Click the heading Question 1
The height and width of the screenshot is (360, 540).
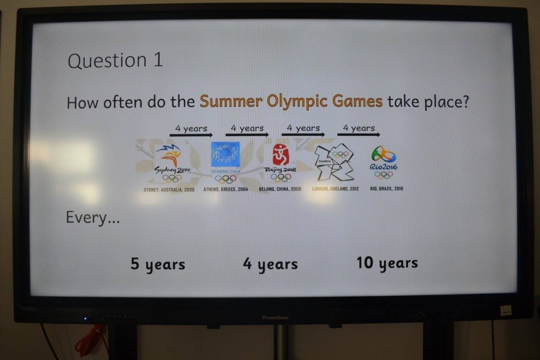click(x=114, y=60)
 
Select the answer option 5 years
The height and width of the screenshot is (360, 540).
click(x=158, y=264)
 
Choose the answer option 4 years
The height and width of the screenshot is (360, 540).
click(x=270, y=264)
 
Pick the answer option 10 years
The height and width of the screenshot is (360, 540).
click(x=387, y=263)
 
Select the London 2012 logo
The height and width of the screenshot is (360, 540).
click(x=335, y=162)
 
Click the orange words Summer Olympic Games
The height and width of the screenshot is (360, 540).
click(x=291, y=101)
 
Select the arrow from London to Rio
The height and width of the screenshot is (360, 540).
click(x=359, y=134)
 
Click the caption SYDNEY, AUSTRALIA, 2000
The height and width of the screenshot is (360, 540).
click(x=169, y=190)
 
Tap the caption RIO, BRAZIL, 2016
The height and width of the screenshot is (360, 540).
click(x=387, y=189)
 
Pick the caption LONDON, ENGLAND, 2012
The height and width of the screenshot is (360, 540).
click(x=335, y=189)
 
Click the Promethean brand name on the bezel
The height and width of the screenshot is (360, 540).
click(x=275, y=317)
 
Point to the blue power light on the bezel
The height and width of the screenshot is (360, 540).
click(x=84, y=319)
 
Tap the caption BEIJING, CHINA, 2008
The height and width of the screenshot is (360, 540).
click(x=280, y=189)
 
